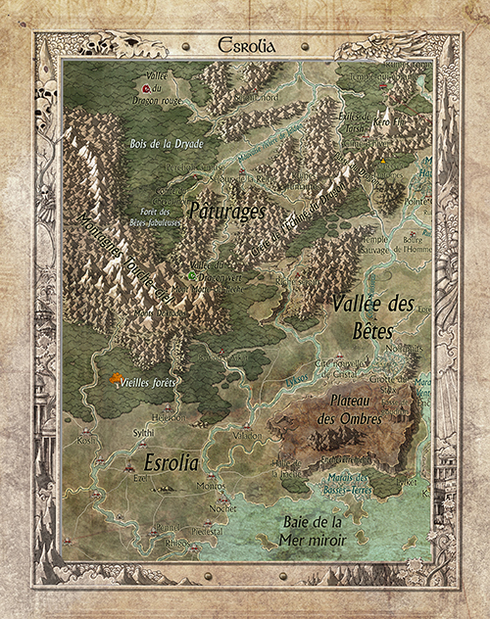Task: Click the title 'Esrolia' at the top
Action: [x=244, y=43]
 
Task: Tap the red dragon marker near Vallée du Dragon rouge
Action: [x=145, y=89]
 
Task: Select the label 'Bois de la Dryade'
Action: [x=166, y=144]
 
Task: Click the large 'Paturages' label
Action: [x=224, y=209]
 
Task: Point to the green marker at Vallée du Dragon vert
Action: [x=192, y=276]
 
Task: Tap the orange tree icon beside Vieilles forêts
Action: [x=118, y=378]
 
